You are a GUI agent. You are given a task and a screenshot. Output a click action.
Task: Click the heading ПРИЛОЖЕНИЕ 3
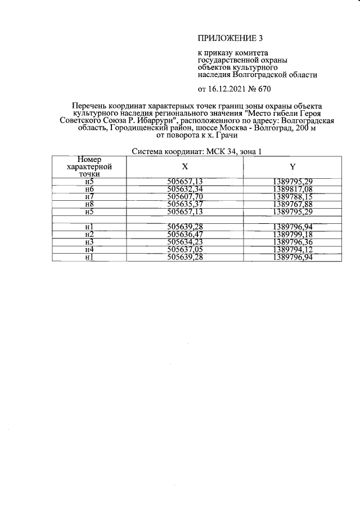pyautogui.click(x=230, y=38)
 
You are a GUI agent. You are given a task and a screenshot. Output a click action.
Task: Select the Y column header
pyautogui.click(x=292, y=167)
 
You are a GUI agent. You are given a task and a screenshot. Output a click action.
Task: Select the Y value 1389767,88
pyautogui.click(x=292, y=204)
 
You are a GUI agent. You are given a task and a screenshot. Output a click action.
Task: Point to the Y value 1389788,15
pyautogui.click(x=292, y=196)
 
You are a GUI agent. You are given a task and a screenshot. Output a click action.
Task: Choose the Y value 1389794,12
pyautogui.click(x=292, y=250)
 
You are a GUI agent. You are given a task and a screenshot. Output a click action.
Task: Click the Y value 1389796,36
pyautogui.click(x=292, y=242)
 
